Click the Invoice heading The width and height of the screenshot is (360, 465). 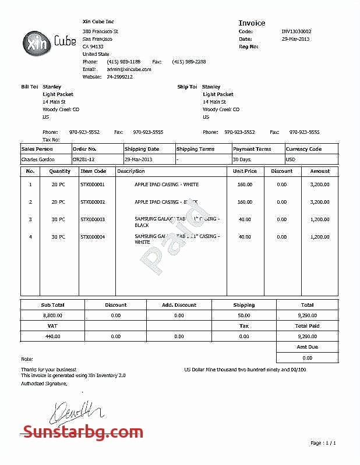tap(252, 23)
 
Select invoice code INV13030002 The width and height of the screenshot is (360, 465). tap(297, 31)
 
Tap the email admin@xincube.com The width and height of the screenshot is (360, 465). tap(129, 69)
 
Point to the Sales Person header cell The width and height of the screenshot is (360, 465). tap(37, 149)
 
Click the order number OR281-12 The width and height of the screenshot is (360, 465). tap(84, 159)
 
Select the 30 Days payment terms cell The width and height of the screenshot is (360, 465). tap(242, 159)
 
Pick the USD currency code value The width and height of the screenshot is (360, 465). tap(290, 159)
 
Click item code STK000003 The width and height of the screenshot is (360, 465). tap(93, 219)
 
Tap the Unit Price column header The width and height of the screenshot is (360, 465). tap(245, 171)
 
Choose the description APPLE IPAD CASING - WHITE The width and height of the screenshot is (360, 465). tap(167, 184)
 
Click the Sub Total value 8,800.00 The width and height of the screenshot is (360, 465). tap(52, 315)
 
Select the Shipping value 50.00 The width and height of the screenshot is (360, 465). tap(244, 315)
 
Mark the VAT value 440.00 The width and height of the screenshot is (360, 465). tap(52, 336)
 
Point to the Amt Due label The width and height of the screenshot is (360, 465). tap(306, 347)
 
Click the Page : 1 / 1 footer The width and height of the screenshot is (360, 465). tap(323, 443)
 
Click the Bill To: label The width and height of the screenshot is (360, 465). tap(30, 87)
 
